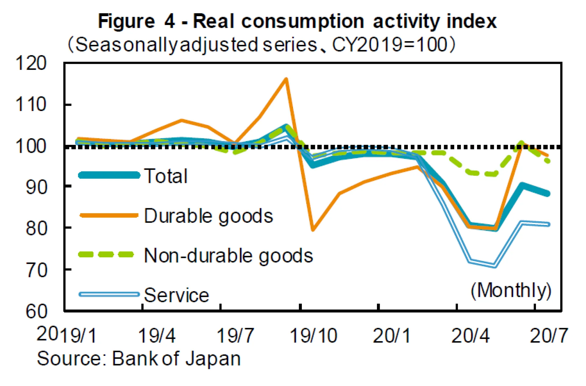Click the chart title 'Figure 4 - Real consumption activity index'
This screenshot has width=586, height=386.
click(x=297, y=21)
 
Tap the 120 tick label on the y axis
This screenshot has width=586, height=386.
click(x=31, y=63)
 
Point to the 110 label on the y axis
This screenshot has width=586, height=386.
click(x=31, y=105)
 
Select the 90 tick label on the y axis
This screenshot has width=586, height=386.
click(x=36, y=187)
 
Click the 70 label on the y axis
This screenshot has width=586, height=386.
click(x=36, y=270)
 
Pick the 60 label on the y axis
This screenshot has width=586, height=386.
click(x=36, y=311)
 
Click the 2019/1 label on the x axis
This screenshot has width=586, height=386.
click(x=67, y=335)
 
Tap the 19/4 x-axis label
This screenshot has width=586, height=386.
click(x=157, y=335)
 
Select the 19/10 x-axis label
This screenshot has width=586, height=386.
click(x=313, y=335)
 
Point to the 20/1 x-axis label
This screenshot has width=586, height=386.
click(x=392, y=335)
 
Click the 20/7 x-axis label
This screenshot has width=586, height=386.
click(x=549, y=335)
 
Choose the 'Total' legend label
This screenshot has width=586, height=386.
click(x=166, y=176)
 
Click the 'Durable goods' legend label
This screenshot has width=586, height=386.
click(x=208, y=216)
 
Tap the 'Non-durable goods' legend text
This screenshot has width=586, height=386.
click(x=228, y=256)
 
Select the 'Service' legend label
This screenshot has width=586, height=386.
click(x=176, y=295)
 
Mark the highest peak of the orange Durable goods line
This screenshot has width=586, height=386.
click(x=286, y=79)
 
